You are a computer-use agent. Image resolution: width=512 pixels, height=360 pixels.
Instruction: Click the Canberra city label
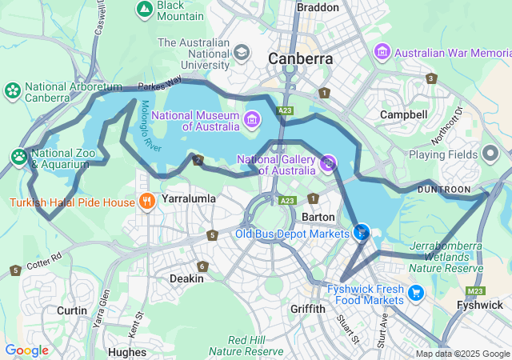click(x=300, y=58)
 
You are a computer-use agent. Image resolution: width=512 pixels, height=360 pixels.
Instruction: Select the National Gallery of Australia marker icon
click(x=327, y=164)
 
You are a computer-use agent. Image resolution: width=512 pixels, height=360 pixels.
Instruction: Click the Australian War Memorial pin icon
click(x=382, y=52)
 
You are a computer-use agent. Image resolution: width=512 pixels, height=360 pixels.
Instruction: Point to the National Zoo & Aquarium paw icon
click(x=18, y=156)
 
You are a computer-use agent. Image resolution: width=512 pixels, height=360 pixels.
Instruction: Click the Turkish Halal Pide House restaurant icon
click(x=146, y=202)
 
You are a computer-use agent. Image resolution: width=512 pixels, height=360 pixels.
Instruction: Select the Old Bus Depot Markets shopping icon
click(x=362, y=233)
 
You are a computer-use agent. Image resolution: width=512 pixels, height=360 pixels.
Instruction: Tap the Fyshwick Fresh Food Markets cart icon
click(x=415, y=293)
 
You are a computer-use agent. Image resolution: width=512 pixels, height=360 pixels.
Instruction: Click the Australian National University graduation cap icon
click(x=240, y=53)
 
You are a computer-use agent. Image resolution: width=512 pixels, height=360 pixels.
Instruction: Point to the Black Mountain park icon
click(x=145, y=10)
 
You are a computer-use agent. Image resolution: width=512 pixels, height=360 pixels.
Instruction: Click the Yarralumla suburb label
click(x=189, y=198)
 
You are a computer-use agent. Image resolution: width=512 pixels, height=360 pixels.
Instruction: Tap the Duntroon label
click(x=444, y=189)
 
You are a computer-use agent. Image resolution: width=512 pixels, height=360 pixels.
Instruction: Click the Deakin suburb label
click(x=186, y=278)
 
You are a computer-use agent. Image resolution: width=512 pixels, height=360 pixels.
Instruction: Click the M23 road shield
click(x=474, y=291)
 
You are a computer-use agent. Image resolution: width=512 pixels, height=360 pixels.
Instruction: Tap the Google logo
click(x=26, y=350)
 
